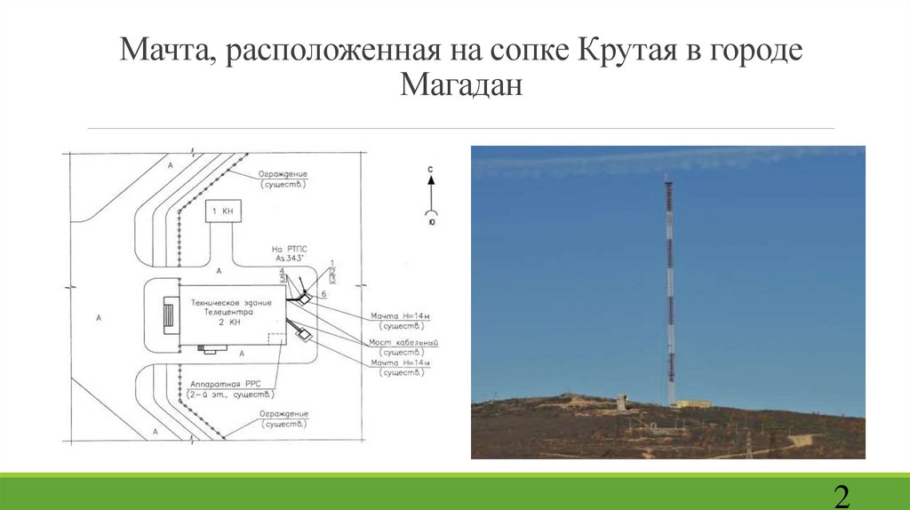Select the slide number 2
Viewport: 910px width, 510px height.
click(x=841, y=495)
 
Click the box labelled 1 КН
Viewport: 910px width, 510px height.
click(x=221, y=212)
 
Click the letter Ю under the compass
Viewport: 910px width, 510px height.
click(x=431, y=223)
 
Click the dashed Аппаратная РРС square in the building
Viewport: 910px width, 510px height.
click(x=276, y=341)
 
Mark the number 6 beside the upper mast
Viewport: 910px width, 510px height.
click(x=324, y=293)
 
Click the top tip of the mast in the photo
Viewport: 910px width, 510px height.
click(x=667, y=177)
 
